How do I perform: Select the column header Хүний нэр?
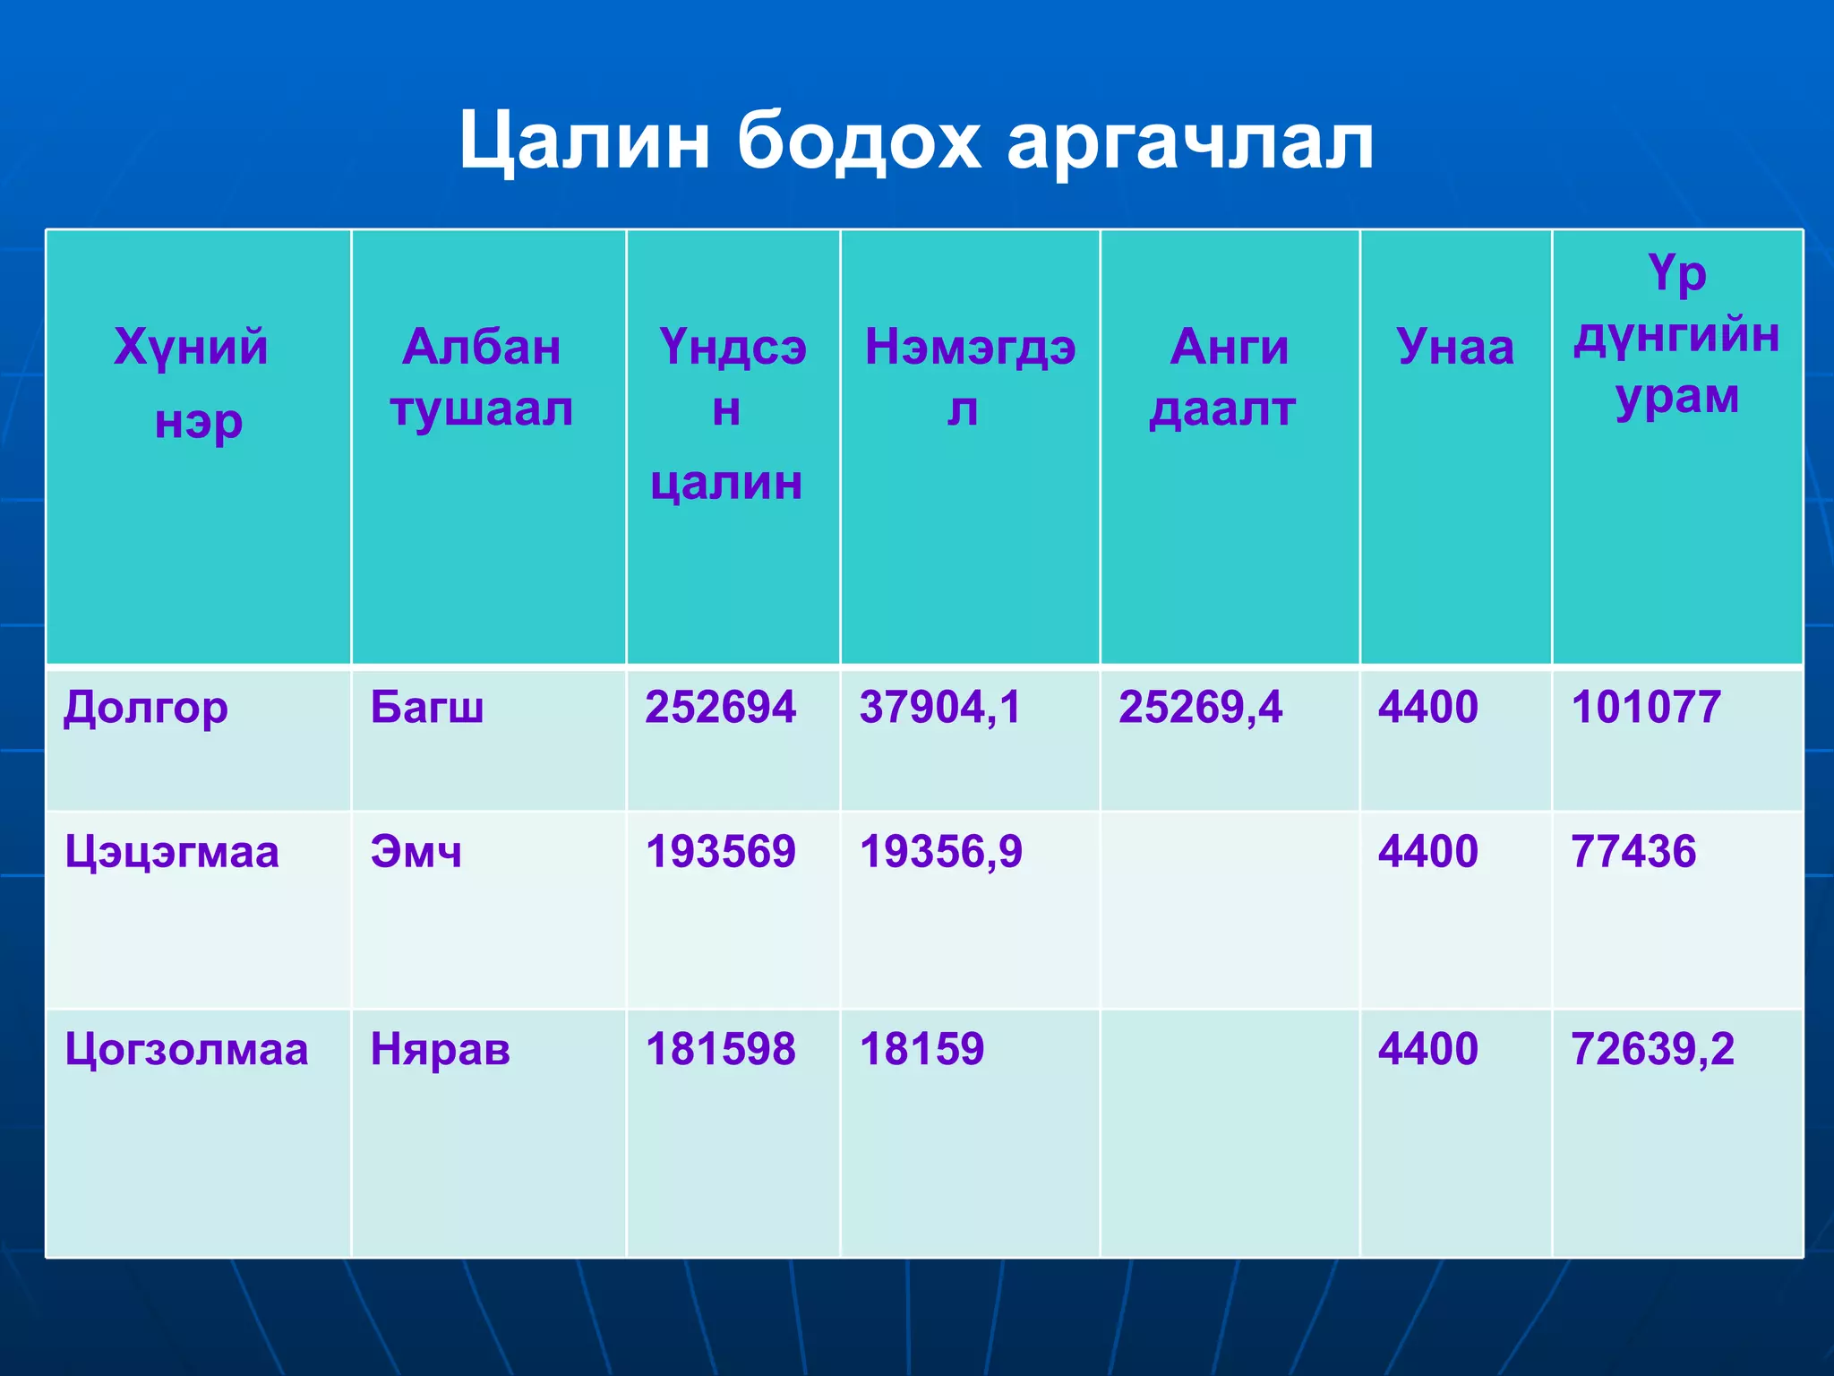[192, 383]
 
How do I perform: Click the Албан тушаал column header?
[482, 377]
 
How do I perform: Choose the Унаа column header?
[1455, 347]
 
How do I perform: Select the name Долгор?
[146, 708]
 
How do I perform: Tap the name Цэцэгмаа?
[172, 852]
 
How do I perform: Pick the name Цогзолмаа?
[186, 1049]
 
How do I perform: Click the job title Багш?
[427, 708]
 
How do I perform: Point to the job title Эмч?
[416, 852]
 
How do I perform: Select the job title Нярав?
[440, 1049]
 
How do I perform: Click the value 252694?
[720, 708]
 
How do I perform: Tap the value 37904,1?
[940, 708]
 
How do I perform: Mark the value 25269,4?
[1200, 708]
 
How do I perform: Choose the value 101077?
[1646, 708]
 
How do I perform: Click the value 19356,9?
[940, 852]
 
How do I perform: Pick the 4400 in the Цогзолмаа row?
[1427, 1049]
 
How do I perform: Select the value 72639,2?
[1652, 1049]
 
